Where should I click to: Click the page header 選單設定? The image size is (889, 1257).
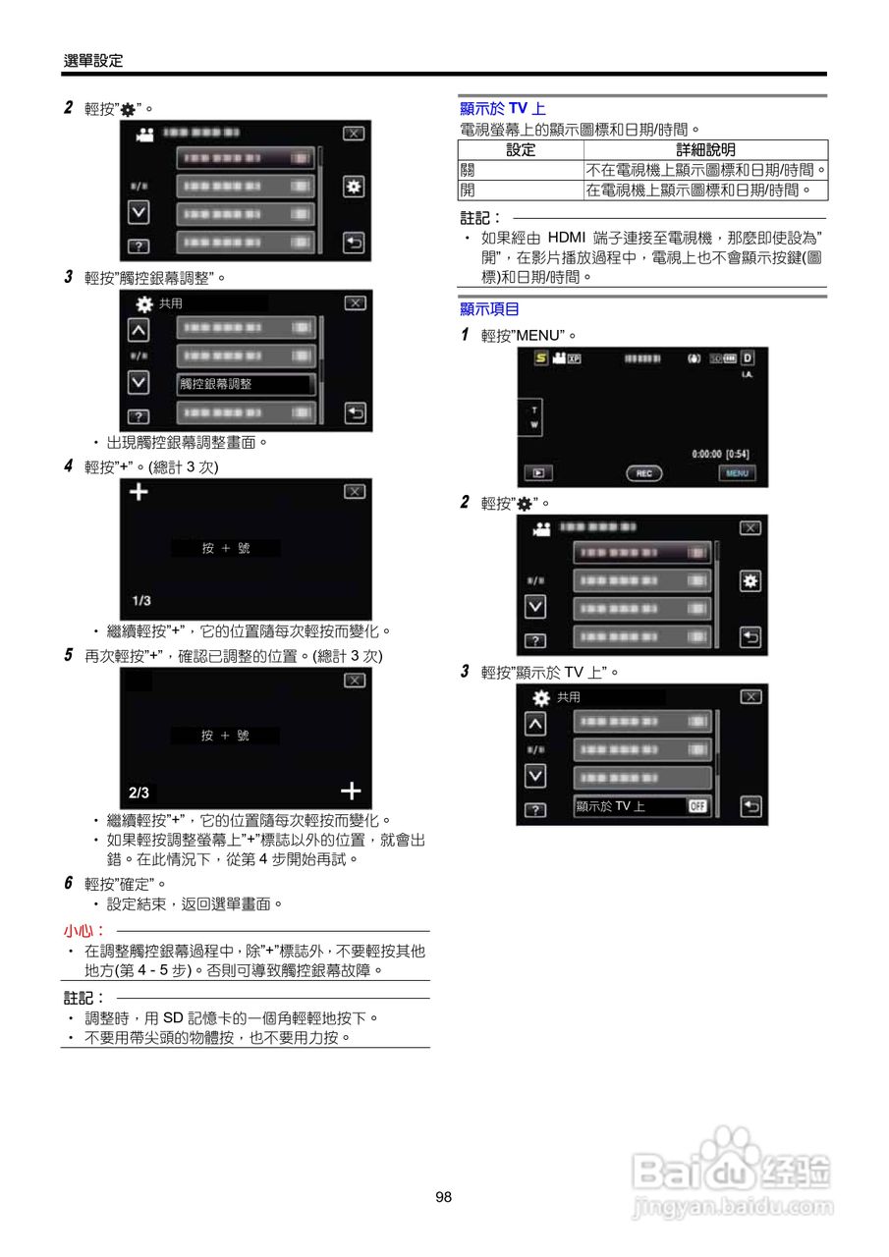(x=93, y=61)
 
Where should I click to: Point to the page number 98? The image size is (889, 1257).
(x=443, y=1196)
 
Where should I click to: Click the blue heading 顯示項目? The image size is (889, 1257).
(x=490, y=309)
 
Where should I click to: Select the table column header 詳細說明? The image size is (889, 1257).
(x=705, y=149)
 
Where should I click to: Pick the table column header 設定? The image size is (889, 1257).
(x=521, y=149)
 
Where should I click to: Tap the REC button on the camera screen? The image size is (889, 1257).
(x=643, y=473)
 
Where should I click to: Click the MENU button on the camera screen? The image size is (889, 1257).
(x=737, y=473)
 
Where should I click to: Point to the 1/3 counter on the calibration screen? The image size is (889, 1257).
(x=141, y=601)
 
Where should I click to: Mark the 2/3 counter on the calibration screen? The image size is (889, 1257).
(x=139, y=792)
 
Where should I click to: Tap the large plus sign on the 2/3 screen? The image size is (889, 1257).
(x=351, y=791)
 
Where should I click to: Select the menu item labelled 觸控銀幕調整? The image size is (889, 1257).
(x=245, y=384)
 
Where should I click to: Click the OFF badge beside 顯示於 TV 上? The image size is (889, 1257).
(x=697, y=806)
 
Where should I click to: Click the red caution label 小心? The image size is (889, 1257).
(x=84, y=930)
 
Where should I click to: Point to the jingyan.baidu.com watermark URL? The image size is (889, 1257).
(x=733, y=1208)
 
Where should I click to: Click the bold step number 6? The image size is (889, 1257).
(x=69, y=883)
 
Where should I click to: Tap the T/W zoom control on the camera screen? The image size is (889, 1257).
(x=534, y=417)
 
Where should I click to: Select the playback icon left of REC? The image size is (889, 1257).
(x=537, y=473)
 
